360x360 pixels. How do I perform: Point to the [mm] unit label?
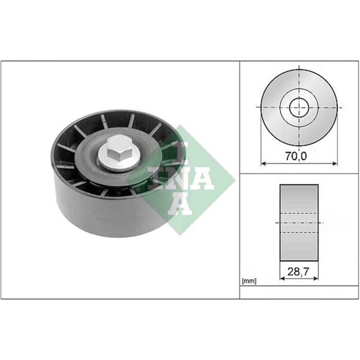(248, 281)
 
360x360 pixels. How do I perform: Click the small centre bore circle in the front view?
(299, 107)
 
